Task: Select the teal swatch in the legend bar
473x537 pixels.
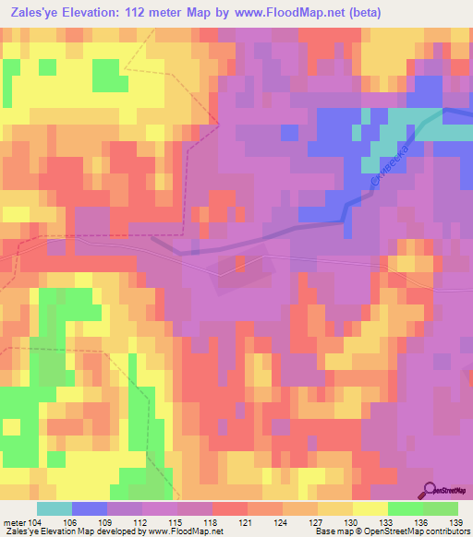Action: [x=55, y=508]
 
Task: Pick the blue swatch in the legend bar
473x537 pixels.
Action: [x=90, y=508]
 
